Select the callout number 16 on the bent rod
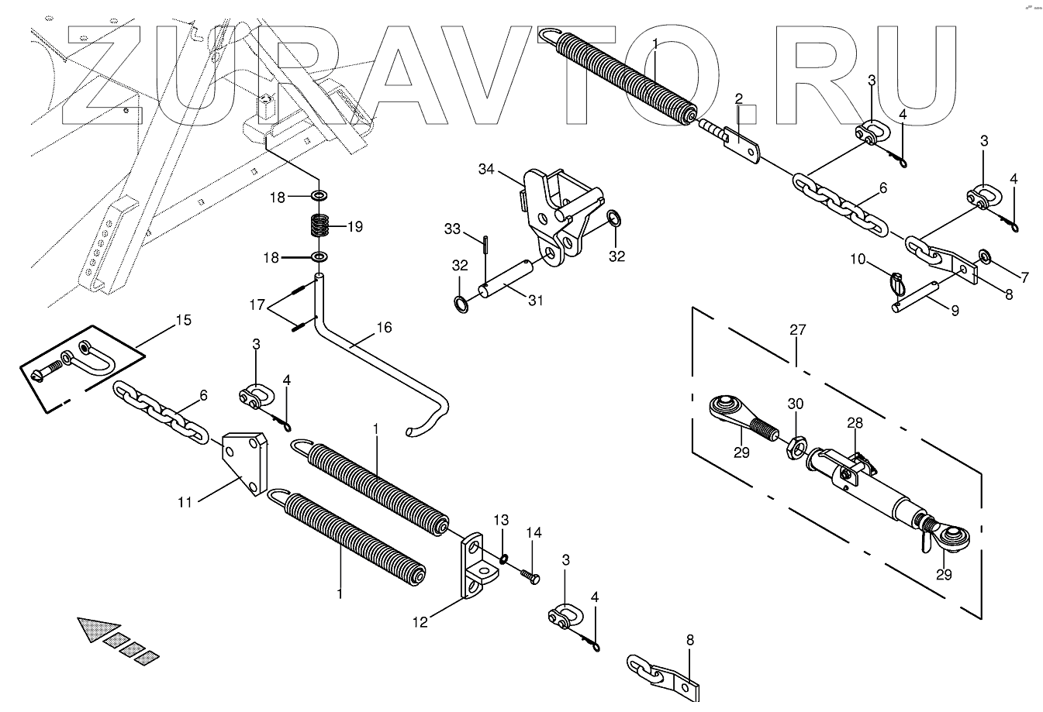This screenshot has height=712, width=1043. [x=384, y=328]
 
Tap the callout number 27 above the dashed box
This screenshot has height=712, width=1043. [x=798, y=330]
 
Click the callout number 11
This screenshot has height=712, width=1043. [x=185, y=502]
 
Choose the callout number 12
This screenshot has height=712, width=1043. [x=420, y=621]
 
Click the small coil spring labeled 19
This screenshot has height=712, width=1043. [x=319, y=226]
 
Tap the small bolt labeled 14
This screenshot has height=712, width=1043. [x=530, y=576]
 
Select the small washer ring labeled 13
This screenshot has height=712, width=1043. [x=503, y=559]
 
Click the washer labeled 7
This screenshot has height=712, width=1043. [x=984, y=256]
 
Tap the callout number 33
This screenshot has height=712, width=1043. [x=453, y=229]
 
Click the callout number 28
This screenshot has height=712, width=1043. [x=854, y=423]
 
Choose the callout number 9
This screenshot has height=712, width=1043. [x=955, y=311]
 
